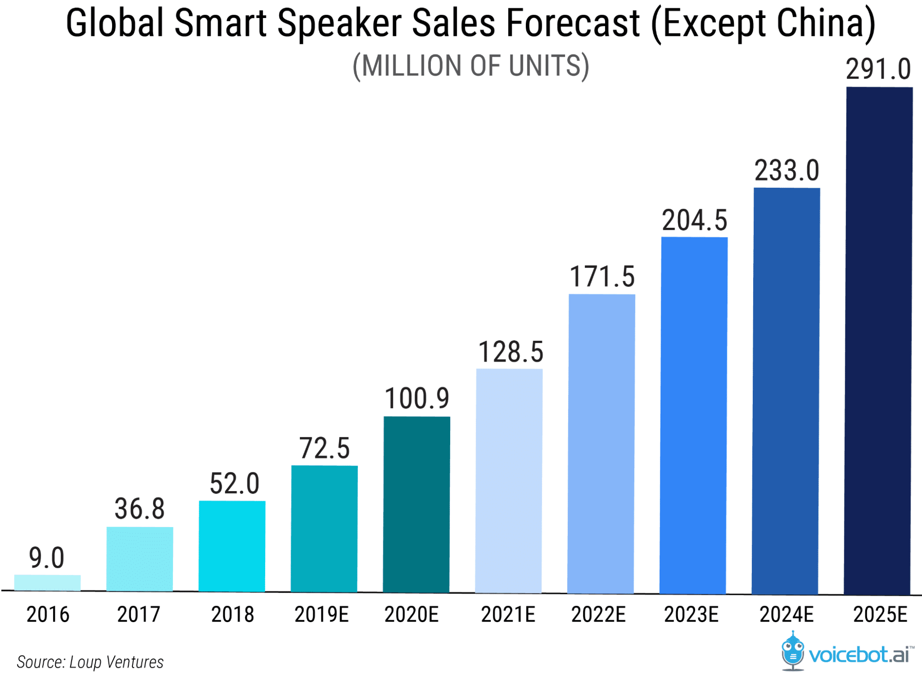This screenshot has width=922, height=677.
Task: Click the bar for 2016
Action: [x=48, y=582]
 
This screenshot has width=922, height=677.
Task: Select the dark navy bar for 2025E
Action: [x=879, y=341]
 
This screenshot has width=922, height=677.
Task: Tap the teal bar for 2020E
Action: [x=416, y=505]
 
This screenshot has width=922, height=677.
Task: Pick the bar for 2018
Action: [x=232, y=546]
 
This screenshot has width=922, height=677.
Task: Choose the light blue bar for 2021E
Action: [x=509, y=481]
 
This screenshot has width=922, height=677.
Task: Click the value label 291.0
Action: [x=878, y=69]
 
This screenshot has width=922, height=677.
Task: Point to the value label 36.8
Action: [x=139, y=509]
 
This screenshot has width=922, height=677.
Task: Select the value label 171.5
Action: [x=602, y=277]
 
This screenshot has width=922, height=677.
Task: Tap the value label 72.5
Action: [x=324, y=448]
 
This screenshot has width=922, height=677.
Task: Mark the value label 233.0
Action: [x=786, y=170]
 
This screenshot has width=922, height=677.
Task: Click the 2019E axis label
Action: [x=321, y=615]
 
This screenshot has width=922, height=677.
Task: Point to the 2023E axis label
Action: [x=691, y=615]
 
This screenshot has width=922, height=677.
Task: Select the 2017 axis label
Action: [x=138, y=615]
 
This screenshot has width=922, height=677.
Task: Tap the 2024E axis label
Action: [x=786, y=615]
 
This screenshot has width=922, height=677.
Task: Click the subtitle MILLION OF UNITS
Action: [x=471, y=65]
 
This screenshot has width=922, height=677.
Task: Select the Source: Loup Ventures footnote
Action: [x=90, y=662]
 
